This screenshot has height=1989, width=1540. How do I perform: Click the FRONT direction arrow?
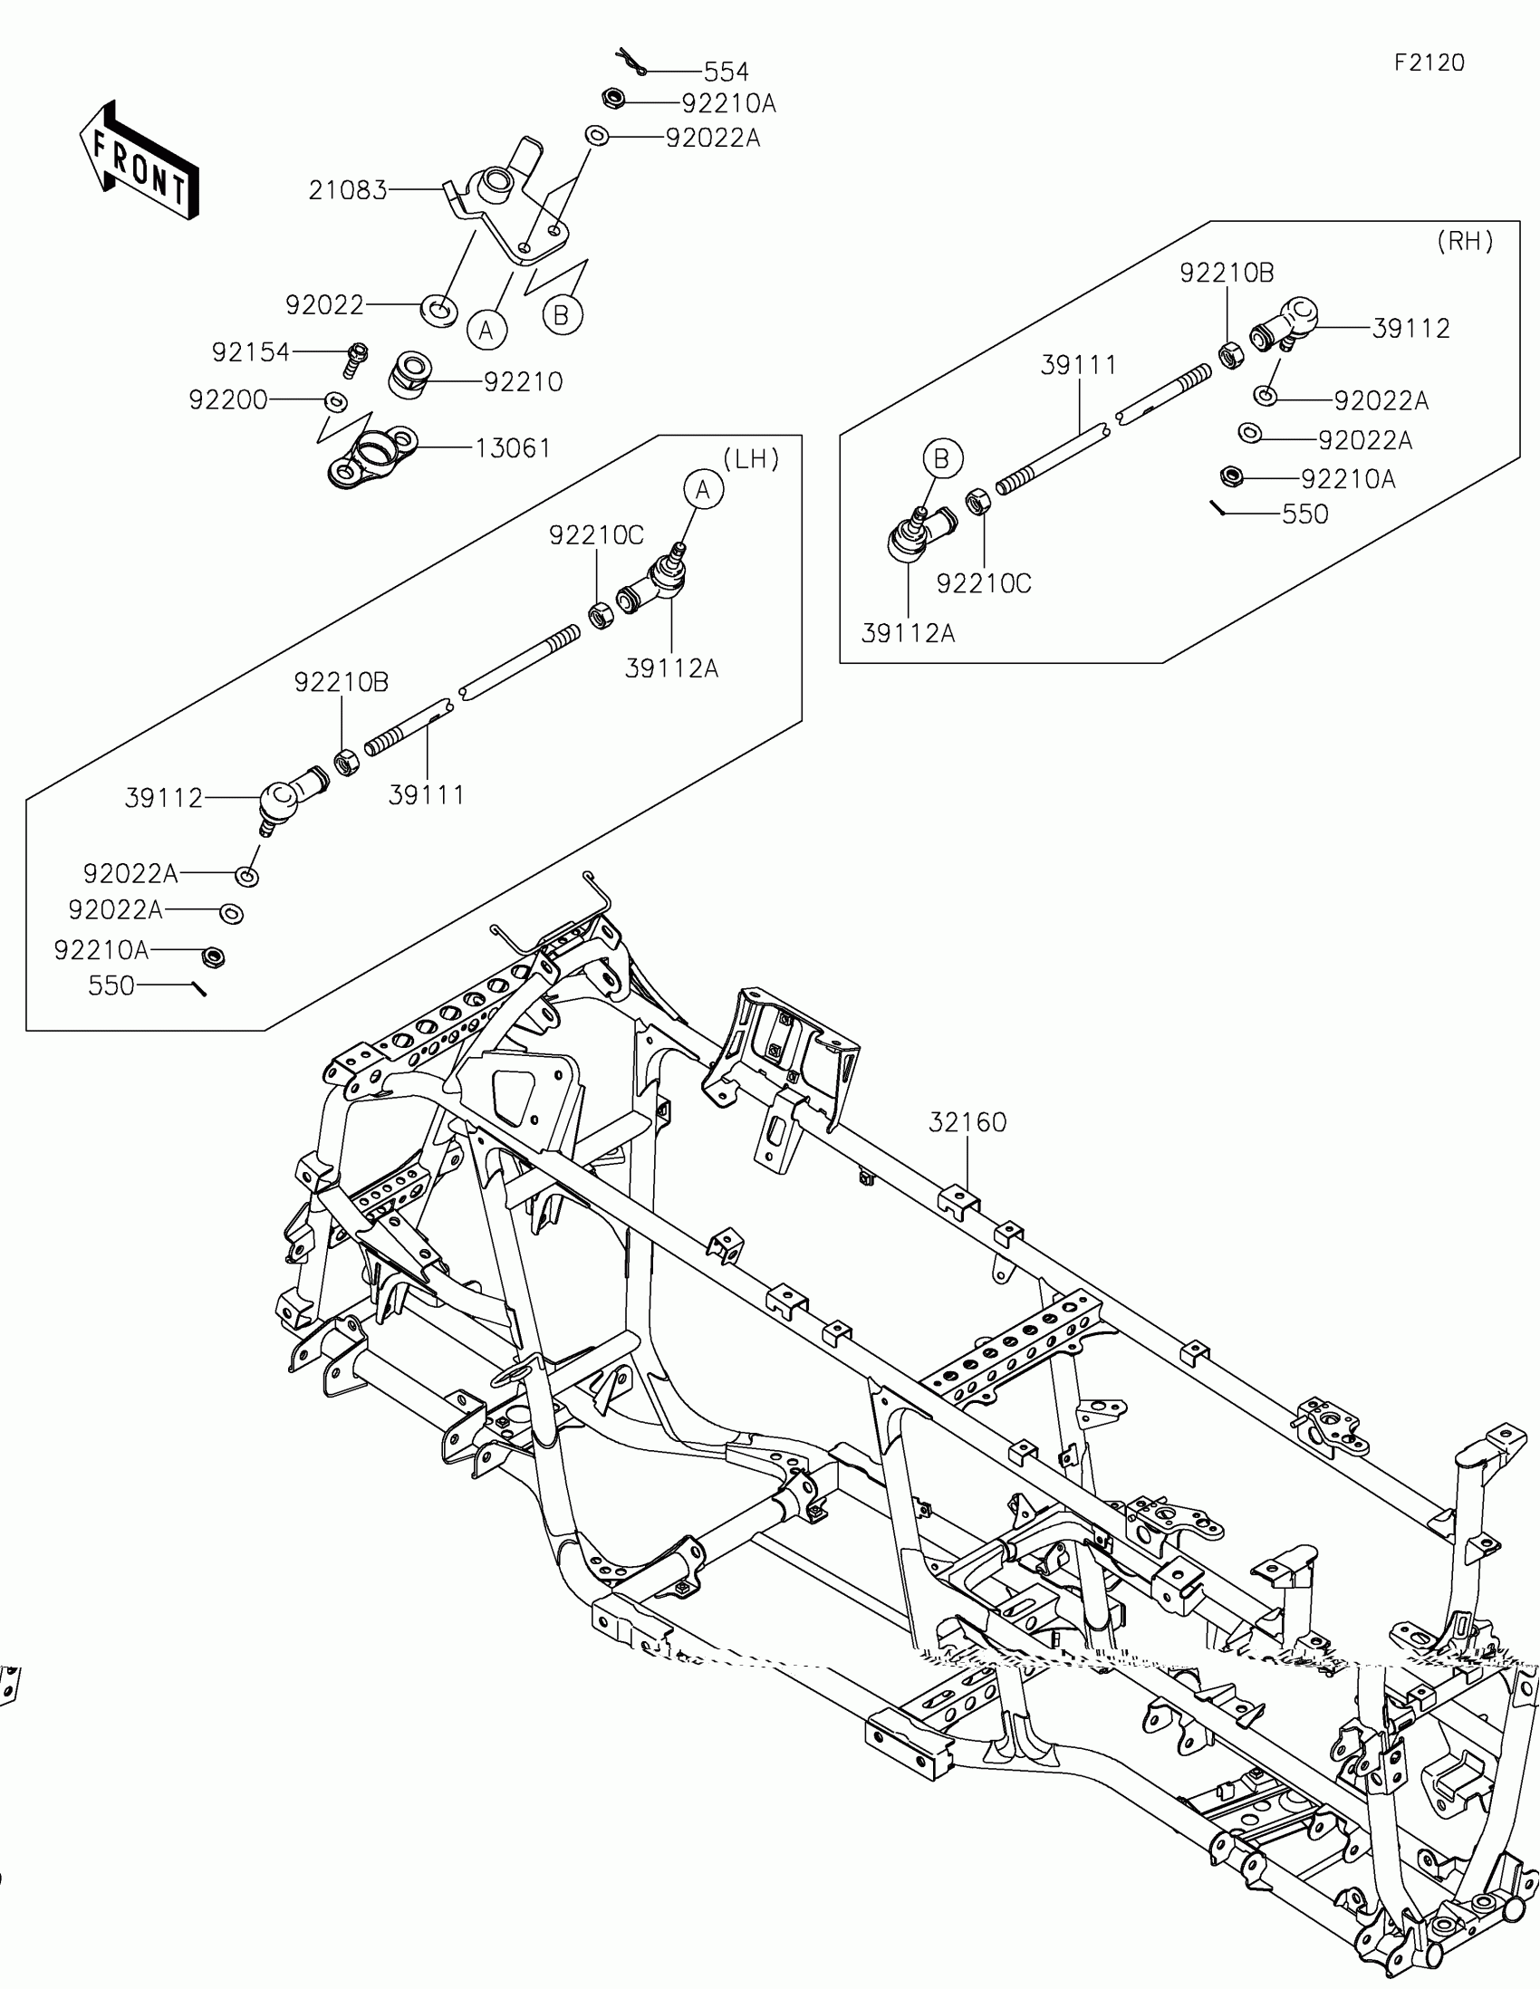click(139, 161)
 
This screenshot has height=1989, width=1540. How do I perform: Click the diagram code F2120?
click(1429, 62)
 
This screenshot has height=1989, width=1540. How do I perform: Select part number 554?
click(726, 71)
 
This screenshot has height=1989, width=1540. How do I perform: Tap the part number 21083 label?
click(348, 190)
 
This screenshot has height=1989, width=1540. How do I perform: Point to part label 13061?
click(513, 448)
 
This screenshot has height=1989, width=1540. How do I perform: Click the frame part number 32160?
click(967, 1123)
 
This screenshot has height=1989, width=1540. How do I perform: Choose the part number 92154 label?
click(250, 351)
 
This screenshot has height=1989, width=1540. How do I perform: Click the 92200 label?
click(227, 399)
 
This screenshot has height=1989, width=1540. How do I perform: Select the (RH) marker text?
click(1465, 241)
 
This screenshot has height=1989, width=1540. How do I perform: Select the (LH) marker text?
click(751, 459)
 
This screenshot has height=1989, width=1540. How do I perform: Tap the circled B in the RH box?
click(942, 458)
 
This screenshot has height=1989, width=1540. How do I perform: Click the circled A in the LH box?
click(703, 490)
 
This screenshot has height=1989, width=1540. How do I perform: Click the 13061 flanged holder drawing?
click(371, 458)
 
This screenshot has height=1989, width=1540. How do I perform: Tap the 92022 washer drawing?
click(439, 308)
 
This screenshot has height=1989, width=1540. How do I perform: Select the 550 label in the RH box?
click(1304, 514)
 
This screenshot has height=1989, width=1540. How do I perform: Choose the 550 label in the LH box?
click(111, 985)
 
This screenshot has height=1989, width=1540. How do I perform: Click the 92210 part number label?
click(523, 381)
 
